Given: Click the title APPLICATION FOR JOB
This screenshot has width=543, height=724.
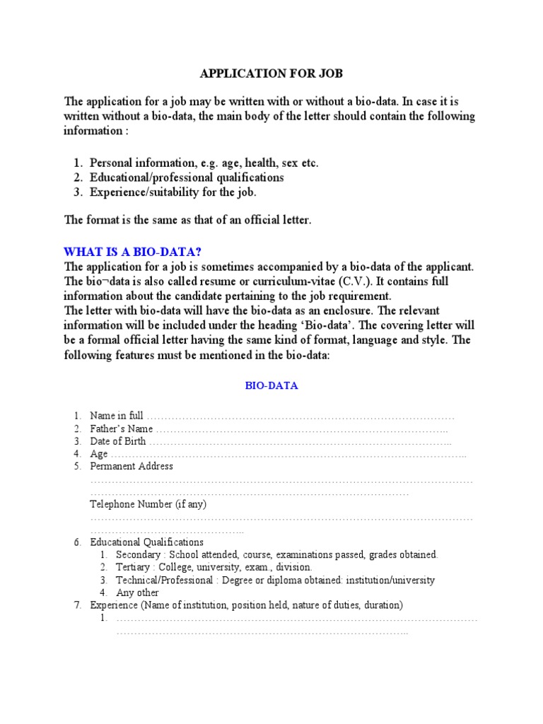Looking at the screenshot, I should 271,74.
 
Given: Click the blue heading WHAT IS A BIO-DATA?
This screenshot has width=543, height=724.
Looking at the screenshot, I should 137,252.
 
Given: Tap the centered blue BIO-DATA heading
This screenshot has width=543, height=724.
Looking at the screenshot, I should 271,386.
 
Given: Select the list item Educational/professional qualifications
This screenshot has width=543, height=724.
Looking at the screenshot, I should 187,177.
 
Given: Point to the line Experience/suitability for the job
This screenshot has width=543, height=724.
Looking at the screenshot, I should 173,192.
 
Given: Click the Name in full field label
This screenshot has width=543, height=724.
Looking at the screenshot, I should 117,416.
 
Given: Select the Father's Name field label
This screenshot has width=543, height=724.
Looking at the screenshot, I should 122,428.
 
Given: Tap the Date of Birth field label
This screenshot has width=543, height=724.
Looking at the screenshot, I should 118,441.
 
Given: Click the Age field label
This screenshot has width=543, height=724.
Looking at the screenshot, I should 99,454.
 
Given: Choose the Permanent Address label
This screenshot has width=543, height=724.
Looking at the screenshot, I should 132,467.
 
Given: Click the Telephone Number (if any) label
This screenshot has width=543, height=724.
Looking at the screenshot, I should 148,504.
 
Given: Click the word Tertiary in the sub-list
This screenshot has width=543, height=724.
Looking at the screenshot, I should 133,568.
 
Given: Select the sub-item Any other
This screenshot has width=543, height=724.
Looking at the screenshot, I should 137,593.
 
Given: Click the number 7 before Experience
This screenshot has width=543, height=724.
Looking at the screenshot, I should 78,606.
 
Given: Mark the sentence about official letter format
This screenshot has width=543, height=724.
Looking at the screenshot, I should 187,220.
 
